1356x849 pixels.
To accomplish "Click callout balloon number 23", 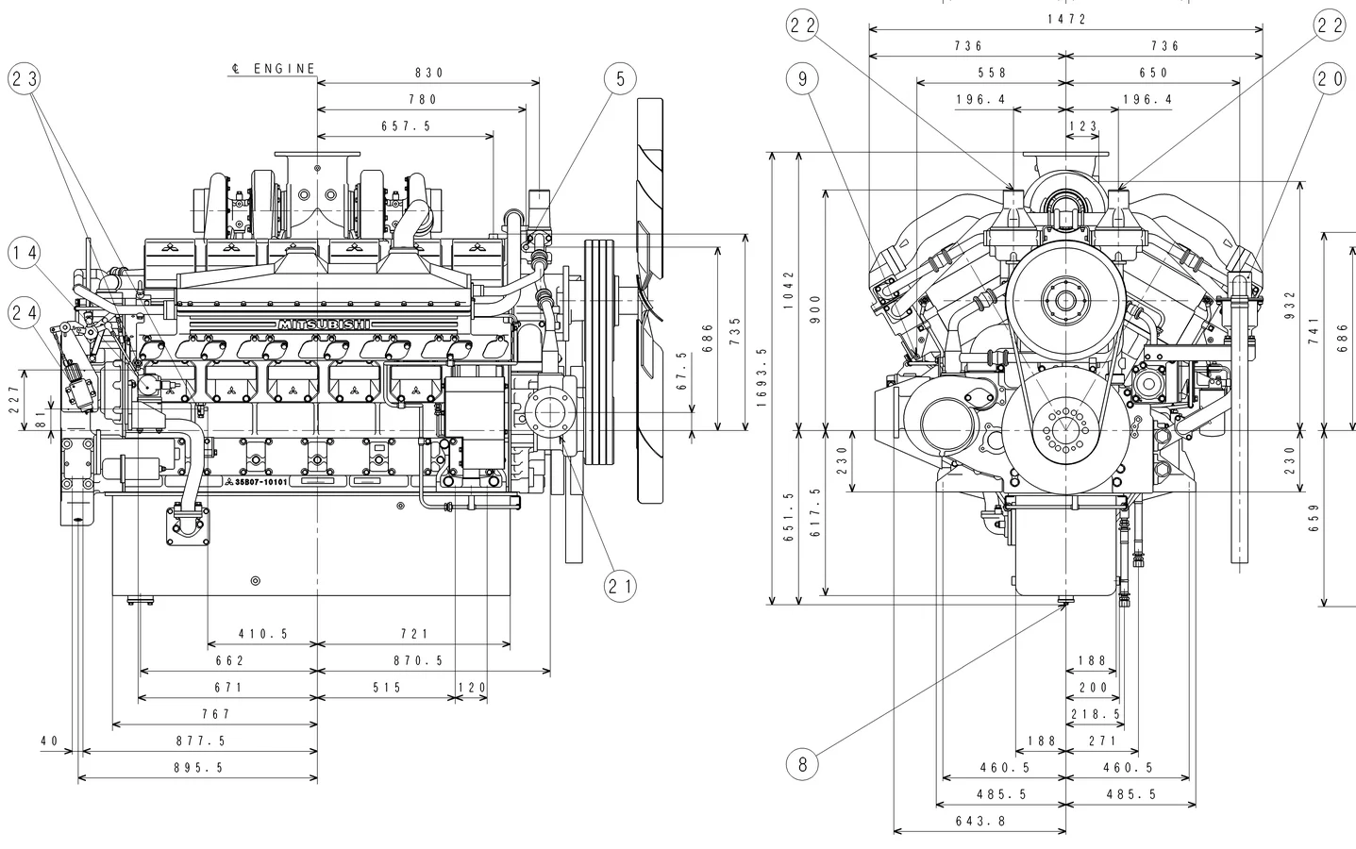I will pos(25,79).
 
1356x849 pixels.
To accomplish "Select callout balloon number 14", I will pos(25,252).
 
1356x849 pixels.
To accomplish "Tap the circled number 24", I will pos(25,310).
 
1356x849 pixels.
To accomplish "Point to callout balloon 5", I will pos(620,79).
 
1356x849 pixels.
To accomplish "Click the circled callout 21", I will pos(620,587).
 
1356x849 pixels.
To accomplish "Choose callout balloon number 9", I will pos(802,79).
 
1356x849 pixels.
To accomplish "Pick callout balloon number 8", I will pos(802,764).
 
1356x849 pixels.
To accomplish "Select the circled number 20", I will pos(1330,79).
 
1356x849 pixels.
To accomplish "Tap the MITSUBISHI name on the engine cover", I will pos(324,325).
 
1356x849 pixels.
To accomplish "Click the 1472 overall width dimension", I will pos(1066,19).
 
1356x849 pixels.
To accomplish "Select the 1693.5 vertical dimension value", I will pos(762,377).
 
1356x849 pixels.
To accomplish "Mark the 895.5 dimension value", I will pos(198,768).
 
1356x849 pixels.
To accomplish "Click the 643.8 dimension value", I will pos(980,822).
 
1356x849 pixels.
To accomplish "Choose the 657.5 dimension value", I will pos(406,125).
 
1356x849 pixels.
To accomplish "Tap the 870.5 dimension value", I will pos(418,661).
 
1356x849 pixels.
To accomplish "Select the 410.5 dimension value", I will pos(262,635).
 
